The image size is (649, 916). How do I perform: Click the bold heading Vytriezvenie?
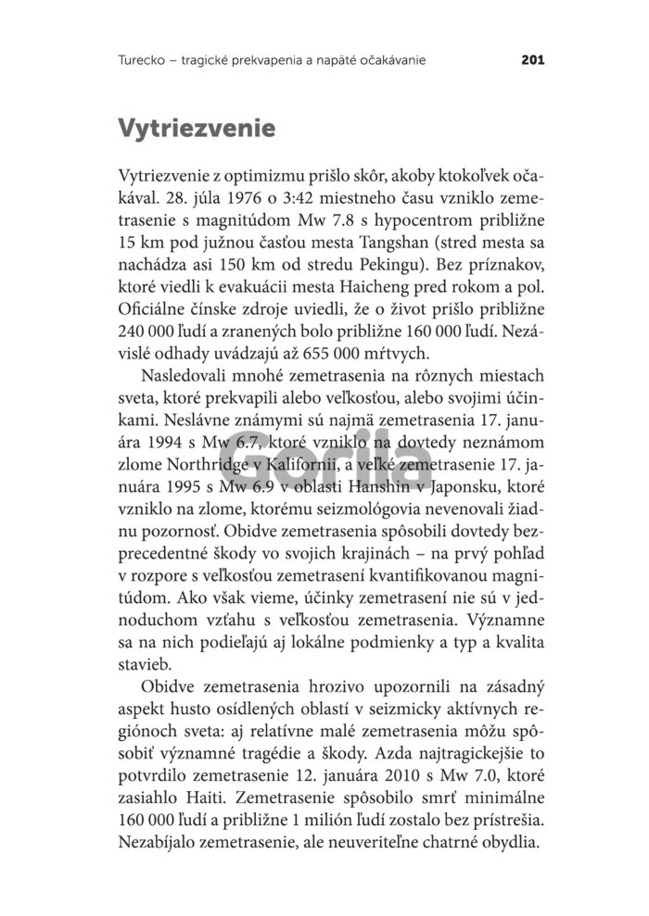tap(197, 127)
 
